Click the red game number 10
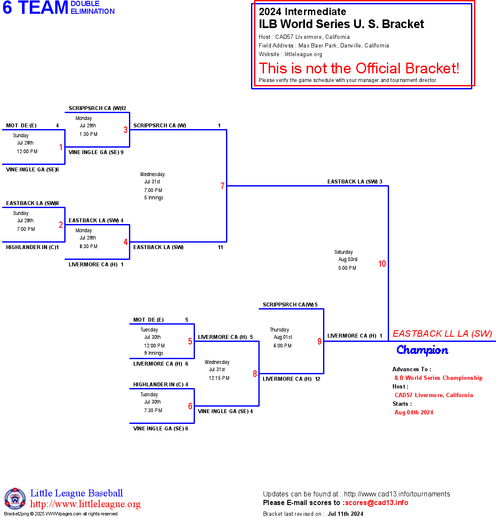point(382,264)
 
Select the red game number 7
point(223,186)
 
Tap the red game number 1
point(61,147)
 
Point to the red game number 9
point(320,341)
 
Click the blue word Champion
point(422,350)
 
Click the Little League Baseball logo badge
point(15,499)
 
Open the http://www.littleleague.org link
point(85,504)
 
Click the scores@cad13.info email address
point(377,502)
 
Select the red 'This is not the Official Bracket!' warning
point(359,68)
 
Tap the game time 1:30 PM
point(88,134)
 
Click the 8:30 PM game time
point(88,246)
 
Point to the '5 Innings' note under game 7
point(154,198)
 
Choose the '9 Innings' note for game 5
point(154,353)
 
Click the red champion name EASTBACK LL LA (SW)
point(442,334)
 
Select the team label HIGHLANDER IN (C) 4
point(160,385)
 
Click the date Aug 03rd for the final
point(348,259)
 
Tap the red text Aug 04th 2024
point(414,412)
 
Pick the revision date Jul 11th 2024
point(345,514)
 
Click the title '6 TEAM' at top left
point(35,8)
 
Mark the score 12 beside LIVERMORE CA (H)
point(317,379)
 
